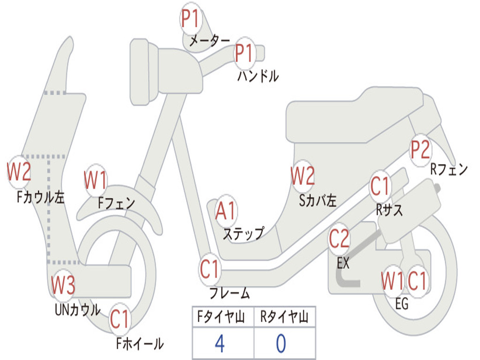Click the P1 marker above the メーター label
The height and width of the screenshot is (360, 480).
point(191,19)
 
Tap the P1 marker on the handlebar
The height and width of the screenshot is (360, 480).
point(245,53)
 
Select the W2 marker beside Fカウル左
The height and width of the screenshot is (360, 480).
point(19,172)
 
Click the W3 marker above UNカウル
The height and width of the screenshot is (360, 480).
point(63,285)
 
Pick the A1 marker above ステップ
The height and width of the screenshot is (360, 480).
point(225,210)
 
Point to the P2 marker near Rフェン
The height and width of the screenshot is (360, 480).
point(420,150)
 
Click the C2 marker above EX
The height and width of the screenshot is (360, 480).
point(339,239)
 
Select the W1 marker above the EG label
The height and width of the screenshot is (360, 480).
point(392,281)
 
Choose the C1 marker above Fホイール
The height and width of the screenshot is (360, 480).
point(120,319)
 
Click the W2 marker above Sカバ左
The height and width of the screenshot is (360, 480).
point(302,176)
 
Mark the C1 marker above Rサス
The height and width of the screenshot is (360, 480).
point(380,186)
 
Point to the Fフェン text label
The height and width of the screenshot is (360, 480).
point(116,202)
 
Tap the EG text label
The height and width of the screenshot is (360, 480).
point(402,304)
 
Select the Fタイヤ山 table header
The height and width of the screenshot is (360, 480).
point(221,317)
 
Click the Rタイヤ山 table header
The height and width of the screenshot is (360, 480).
point(285,317)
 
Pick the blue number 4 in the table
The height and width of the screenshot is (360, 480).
point(220,344)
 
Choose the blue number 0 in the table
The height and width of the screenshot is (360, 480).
point(281,344)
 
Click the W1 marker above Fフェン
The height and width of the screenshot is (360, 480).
point(96,180)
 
